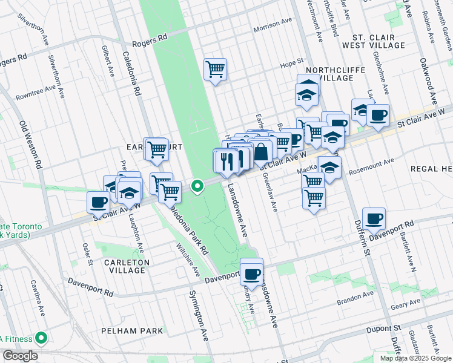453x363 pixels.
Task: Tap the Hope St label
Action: (x=291, y=62)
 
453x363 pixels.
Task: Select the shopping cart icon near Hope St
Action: (x=215, y=70)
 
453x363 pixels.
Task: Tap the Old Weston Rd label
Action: (x=31, y=145)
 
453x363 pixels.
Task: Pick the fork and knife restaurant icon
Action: (x=227, y=161)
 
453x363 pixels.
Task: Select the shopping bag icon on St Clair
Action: (x=261, y=153)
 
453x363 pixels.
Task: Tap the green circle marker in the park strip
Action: (x=197, y=186)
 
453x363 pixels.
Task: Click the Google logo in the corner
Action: (x=19, y=356)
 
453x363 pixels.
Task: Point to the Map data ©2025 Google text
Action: (x=415, y=358)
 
